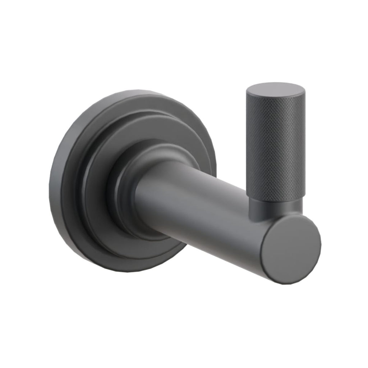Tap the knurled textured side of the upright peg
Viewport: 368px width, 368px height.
[275, 151]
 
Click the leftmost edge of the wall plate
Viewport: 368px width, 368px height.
[50, 183]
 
